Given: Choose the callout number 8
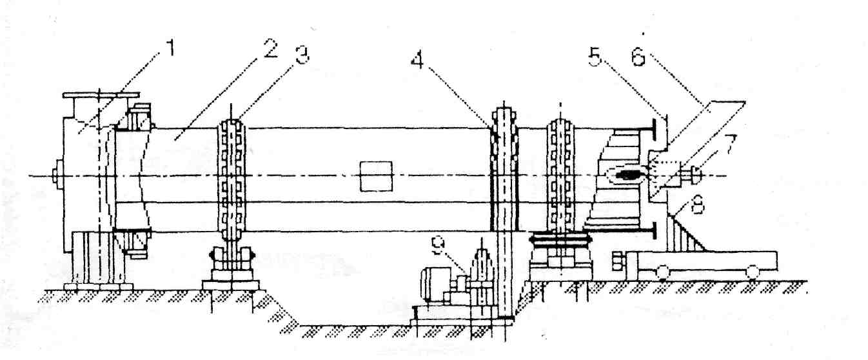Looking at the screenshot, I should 693,208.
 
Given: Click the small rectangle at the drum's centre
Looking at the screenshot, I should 376,177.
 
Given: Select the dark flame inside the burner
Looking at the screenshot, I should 624,175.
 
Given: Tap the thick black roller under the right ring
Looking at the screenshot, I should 559,239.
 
